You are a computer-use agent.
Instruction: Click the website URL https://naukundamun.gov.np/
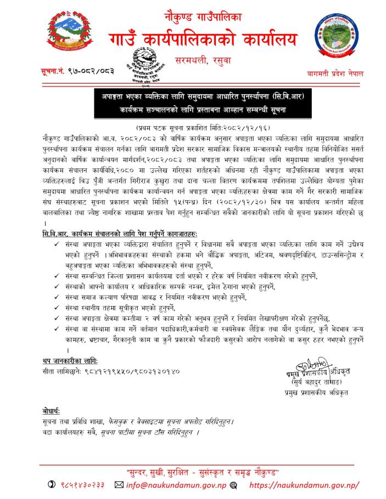coord(304,485)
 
